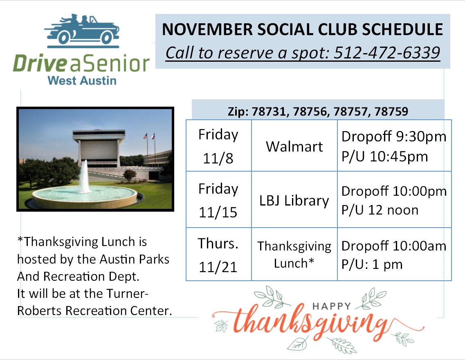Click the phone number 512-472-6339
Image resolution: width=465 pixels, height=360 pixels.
387,53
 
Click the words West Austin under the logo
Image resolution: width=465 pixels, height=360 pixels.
82,80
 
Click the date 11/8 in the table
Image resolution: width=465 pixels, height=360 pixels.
218,158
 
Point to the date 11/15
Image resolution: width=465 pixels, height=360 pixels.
218,212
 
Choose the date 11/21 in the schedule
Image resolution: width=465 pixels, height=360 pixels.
218,267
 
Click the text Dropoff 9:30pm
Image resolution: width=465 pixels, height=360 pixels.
394,137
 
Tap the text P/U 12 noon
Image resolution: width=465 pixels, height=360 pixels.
380,210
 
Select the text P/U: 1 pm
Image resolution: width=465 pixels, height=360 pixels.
372,264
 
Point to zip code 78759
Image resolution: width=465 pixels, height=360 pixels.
391,112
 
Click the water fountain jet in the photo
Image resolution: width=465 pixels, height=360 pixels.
84,177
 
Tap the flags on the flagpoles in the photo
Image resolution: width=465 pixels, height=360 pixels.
149,136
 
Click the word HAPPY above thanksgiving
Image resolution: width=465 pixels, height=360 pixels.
332,306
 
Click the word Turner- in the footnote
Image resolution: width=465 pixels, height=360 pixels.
127,294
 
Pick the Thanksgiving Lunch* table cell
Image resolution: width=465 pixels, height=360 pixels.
294,255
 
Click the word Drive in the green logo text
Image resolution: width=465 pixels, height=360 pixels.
40,63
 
